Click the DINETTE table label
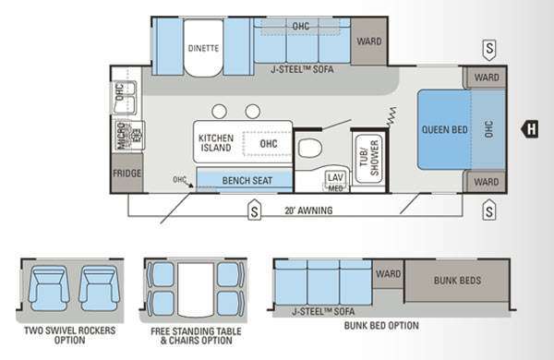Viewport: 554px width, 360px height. (x=203, y=48)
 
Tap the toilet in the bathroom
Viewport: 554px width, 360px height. (x=310, y=148)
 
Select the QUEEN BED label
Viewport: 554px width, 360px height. (x=444, y=129)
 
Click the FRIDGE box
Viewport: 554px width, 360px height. (x=126, y=174)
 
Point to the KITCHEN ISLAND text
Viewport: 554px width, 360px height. (x=216, y=143)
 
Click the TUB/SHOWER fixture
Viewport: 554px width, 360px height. (x=368, y=158)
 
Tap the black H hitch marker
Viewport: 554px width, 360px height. (x=530, y=128)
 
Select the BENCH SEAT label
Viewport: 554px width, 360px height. (x=247, y=181)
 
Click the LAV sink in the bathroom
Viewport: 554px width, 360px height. (x=335, y=179)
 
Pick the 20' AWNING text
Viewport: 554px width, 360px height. (x=308, y=210)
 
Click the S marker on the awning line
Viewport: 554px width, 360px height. (x=255, y=210)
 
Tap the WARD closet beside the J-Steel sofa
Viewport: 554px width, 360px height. (x=368, y=42)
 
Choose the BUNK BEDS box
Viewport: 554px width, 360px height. (x=457, y=281)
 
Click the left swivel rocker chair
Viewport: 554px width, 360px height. (x=49, y=289)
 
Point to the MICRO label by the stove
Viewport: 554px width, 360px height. (x=121, y=136)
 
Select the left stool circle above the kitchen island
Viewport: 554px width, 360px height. (x=220, y=112)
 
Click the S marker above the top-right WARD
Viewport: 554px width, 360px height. (x=489, y=50)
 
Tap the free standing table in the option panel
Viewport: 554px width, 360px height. (x=196, y=289)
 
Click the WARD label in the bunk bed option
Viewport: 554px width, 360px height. (x=389, y=274)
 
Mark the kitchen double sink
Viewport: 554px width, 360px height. (x=125, y=98)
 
